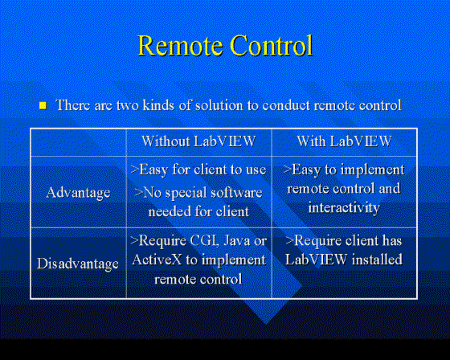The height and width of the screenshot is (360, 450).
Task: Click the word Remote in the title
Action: pos(181,45)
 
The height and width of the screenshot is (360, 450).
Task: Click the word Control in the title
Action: pos(272,45)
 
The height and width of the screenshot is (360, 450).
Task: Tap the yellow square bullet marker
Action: pos(43,105)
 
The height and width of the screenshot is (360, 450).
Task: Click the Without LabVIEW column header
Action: pos(198,141)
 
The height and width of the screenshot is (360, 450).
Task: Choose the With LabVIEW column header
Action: pos(345,141)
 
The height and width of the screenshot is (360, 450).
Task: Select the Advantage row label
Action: pos(78,193)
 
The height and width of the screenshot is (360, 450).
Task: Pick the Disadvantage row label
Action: pos(78,264)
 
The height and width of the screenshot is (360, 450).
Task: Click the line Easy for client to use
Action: pos(198,170)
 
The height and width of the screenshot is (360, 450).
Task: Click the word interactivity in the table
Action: pos(344,207)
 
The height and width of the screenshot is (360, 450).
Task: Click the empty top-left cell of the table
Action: pos(79,142)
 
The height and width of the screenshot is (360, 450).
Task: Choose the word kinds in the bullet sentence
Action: pos(158,105)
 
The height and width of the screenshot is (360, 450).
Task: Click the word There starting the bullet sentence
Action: pos(73,105)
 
